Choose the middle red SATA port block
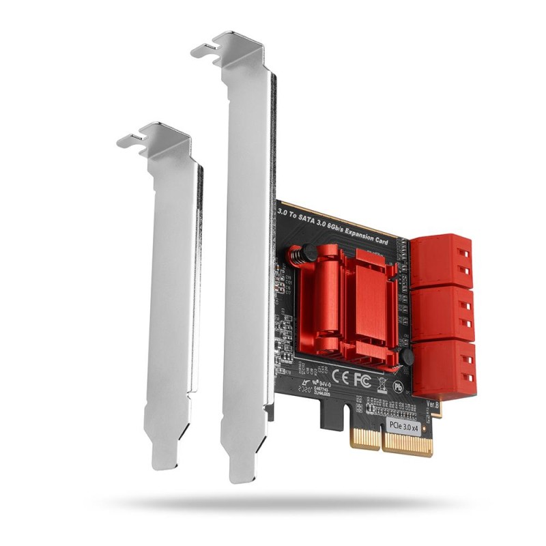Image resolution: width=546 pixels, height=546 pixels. point(443,312)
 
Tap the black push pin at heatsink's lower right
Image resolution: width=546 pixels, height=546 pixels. point(407,357)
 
